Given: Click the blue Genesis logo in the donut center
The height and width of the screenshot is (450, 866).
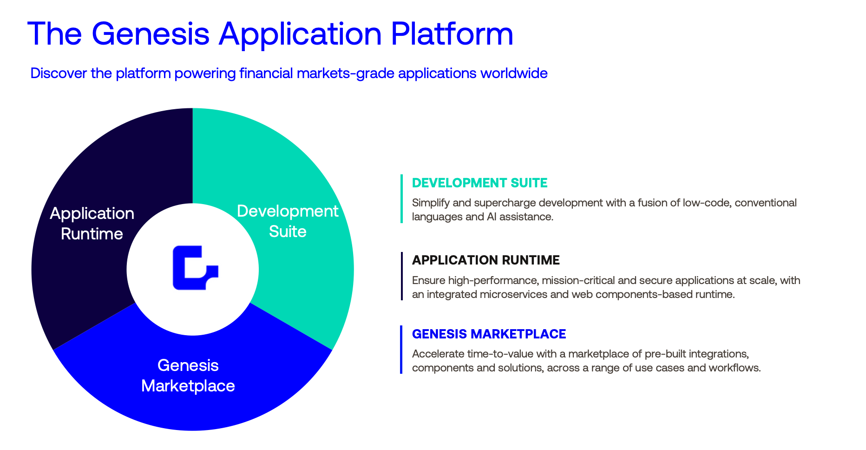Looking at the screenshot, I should click(194, 268).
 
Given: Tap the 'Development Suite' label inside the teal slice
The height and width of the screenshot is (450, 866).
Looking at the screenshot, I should click(288, 221).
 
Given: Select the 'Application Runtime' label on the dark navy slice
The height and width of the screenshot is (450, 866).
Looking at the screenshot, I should click(92, 224).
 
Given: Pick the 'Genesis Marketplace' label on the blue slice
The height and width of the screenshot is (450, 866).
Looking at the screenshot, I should click(188, 376).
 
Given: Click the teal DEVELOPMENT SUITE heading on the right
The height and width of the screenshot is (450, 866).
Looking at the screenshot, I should click(479, 183).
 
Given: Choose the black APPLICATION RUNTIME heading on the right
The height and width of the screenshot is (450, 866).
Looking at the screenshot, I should click(485, 260).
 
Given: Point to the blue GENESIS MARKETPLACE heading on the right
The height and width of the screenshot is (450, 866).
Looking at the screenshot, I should click(489, 334).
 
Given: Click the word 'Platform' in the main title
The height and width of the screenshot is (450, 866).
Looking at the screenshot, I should click(452, 33).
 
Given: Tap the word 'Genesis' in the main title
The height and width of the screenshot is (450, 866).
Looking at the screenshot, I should click(151, 33).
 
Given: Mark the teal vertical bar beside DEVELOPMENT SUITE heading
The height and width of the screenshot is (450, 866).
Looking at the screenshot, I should click(401, 199).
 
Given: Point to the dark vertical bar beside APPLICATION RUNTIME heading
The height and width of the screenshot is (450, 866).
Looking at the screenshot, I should click(401, 276).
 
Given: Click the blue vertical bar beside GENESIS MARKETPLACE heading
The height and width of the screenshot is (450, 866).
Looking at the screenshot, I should click(401, 350).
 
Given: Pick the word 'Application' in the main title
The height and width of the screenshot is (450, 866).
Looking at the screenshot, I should click(300, 33).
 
